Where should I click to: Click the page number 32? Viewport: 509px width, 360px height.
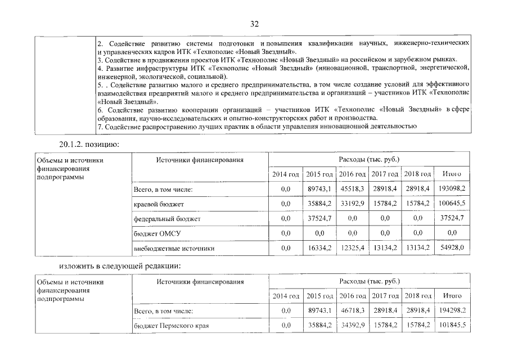click(254, 24)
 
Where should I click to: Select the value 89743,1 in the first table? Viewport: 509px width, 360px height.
click(319, 190)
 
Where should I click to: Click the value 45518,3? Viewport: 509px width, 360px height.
click(352, 190)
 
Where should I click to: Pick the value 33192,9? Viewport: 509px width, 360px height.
click(352, 204)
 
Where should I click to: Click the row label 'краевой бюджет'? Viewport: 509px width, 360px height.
click(159, 204)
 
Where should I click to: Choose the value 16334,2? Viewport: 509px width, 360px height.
click(319, 247)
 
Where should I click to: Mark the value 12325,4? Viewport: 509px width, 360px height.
click(352, 247)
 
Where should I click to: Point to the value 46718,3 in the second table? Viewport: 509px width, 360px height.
click(352, 310)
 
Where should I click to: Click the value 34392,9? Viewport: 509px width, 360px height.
click(352, 325)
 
